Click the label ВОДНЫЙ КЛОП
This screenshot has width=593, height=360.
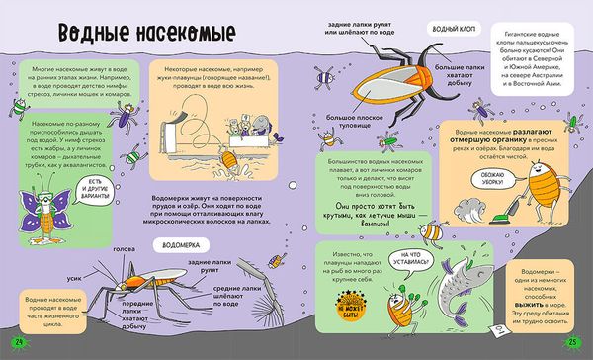[x=449, y=19]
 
